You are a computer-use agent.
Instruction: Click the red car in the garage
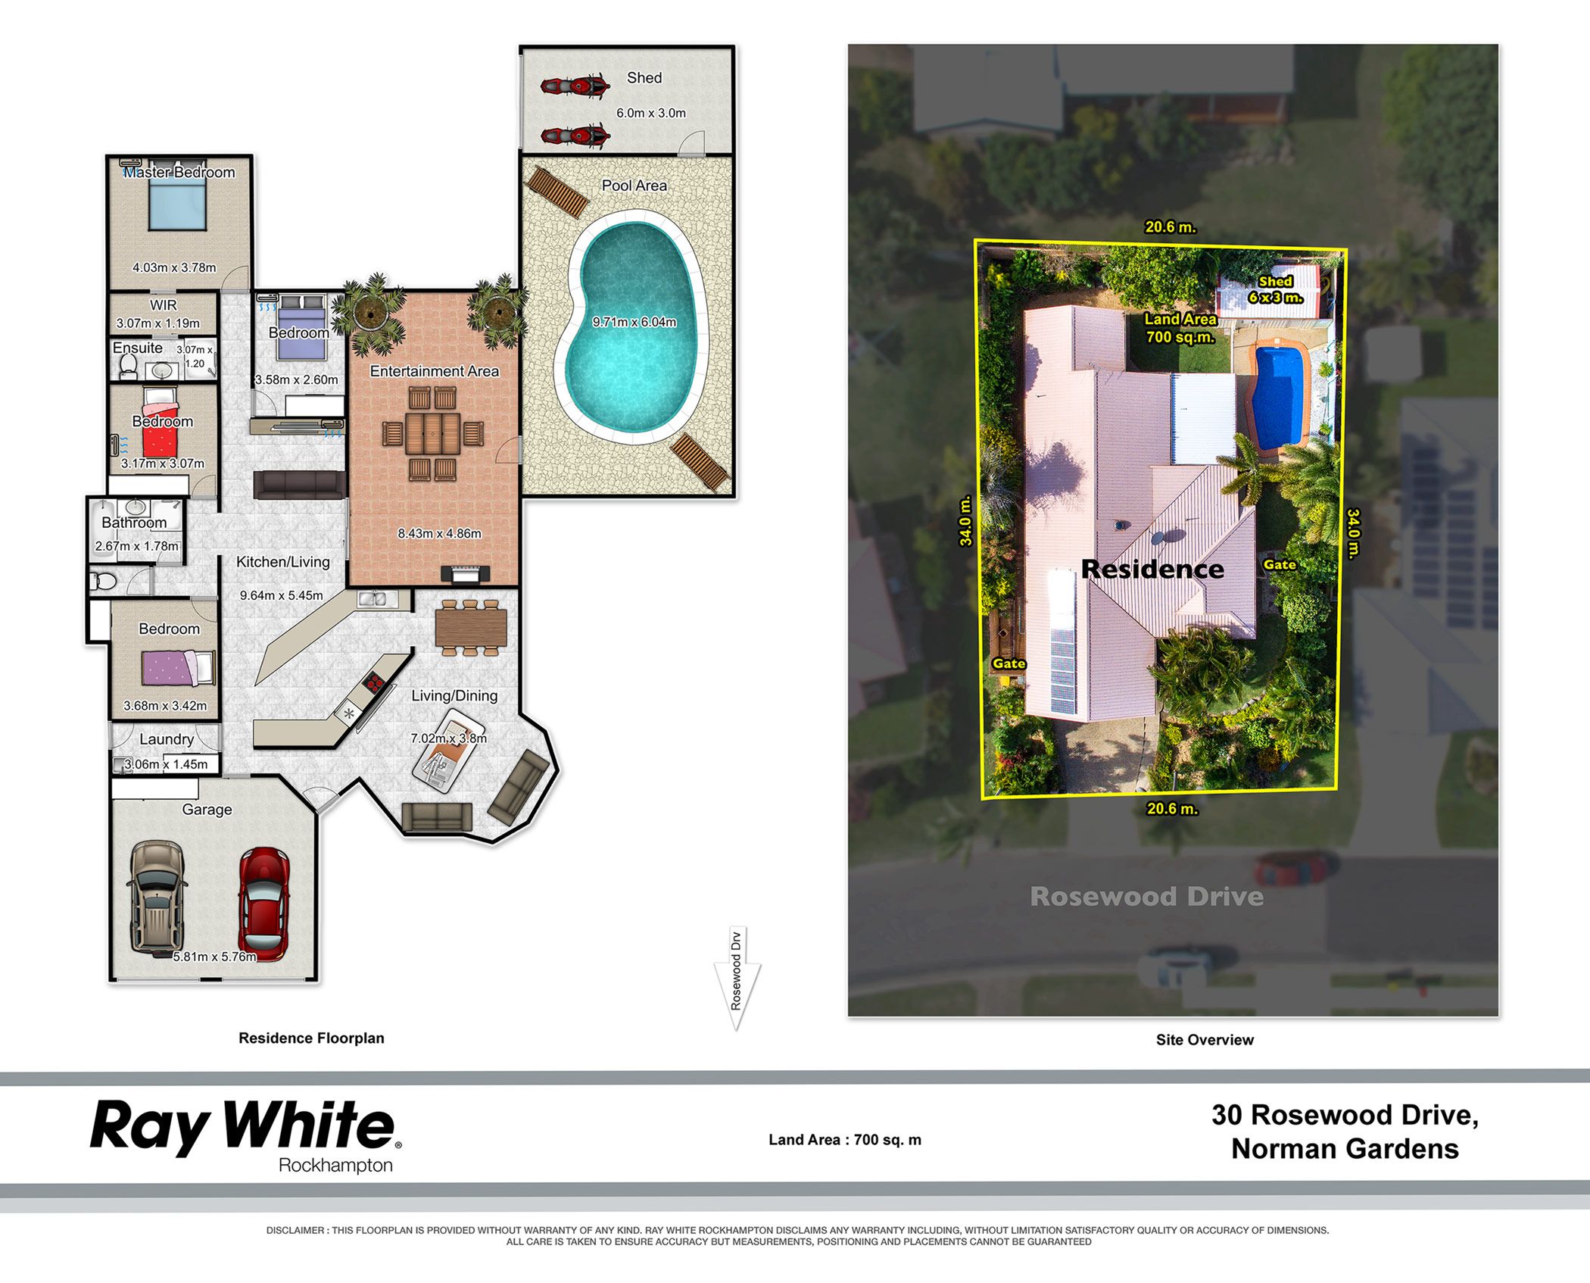coord(263,904)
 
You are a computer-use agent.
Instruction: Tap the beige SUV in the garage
coord(158,896)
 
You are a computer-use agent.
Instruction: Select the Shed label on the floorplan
coord(644,78)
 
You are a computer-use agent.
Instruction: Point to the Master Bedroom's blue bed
coord(178,204)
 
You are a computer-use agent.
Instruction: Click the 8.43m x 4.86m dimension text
coord(440,533)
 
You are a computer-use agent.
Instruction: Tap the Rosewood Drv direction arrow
coord(737,978)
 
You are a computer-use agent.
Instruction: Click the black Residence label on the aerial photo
coord(1152,569)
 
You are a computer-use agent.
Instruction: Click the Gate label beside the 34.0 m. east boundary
coord(1280,564)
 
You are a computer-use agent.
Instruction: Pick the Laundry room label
coord(167,739)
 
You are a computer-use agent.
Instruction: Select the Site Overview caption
coord(1205,1040)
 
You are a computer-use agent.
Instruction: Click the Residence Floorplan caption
coord(311,1038)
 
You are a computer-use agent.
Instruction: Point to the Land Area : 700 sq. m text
coord(845,1140)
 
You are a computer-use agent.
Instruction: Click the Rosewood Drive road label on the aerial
coord(1147,897)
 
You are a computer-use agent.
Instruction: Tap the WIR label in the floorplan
coord(164,305)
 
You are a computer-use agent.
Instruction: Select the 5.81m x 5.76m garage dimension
coord(215,957)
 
